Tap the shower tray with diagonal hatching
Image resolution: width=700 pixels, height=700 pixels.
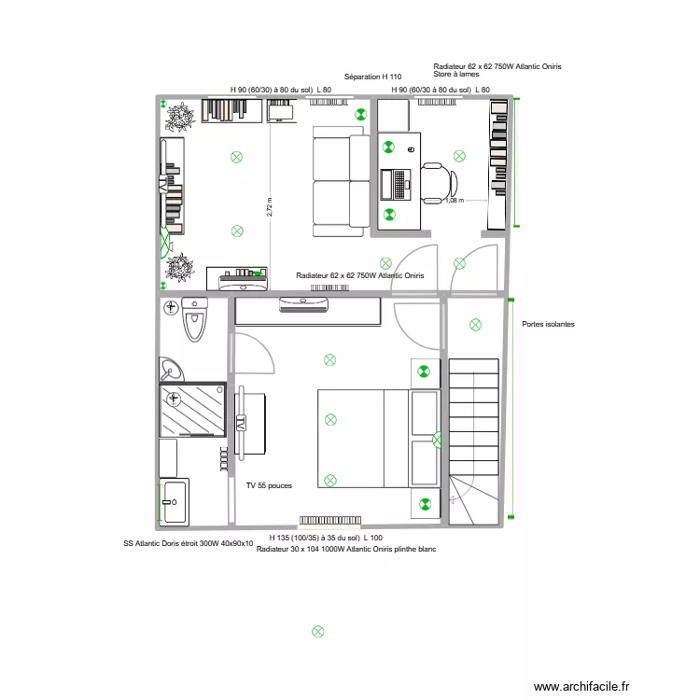click(x=192, y=410)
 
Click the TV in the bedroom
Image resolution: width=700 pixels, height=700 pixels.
click(x=241, y=422)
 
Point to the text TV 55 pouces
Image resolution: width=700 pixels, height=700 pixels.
click(x=269, y=486)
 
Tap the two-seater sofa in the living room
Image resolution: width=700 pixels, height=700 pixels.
click(x=339, y=180)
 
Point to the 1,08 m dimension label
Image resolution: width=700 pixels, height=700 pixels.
click(x=455, y=200)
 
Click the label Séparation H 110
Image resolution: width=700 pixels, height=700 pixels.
click(x=372, y=76)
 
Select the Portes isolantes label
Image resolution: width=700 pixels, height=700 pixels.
click(x=548, y=324)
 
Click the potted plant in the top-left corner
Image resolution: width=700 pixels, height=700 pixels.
click(x=178, y=115)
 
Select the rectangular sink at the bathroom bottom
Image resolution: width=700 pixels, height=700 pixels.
click(x=175, y=501)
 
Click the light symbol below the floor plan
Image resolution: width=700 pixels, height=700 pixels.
click(x=317, y=631)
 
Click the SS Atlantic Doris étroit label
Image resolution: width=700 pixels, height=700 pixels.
click(x=188, y=542)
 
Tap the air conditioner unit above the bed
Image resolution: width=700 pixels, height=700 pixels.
click(x=306, y=301)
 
